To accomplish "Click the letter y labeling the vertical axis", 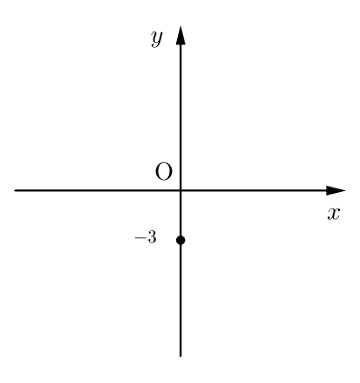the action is tap(157, 38).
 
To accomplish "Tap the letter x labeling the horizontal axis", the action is tap(334, 214).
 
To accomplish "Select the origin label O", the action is tap(164, 172).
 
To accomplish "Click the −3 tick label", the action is tap(146, 238).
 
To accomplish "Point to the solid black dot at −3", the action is tap(180, 240).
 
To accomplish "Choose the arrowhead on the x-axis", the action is tap(336, 190).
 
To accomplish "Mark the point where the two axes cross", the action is tap(180, 190).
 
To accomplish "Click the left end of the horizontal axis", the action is tap(15, 190).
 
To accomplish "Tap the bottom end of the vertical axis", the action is tap(180, 356).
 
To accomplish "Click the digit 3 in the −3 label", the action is tap(152, 238).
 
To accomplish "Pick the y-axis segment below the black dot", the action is tap(180, 301).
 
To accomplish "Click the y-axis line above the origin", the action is tap(180, 117).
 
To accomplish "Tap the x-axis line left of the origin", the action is tap(97, 190).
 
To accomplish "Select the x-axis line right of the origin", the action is tap(254, 190).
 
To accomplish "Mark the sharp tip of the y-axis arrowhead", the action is tap(180, 25).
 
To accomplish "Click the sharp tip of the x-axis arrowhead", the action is tap(345, 190).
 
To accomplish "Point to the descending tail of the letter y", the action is tap(154, 45).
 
